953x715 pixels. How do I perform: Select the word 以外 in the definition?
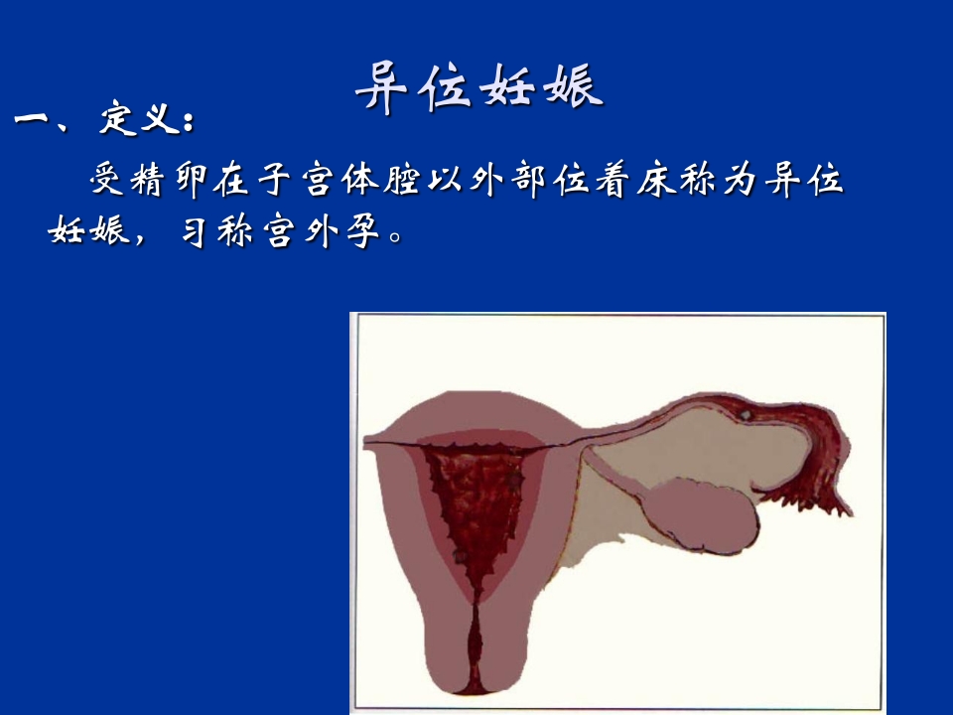(x=483, y=181)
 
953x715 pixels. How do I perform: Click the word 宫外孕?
(x=317, y=232)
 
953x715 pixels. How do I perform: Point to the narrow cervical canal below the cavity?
(x=475, y=636)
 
